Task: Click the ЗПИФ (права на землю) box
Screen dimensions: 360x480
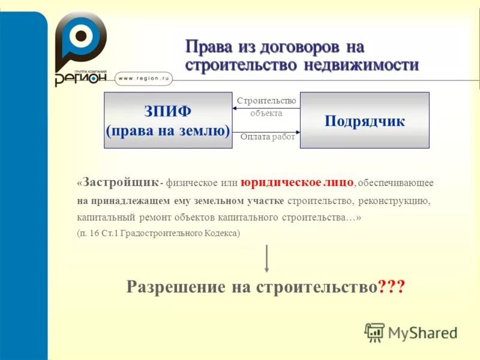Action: [168, 120]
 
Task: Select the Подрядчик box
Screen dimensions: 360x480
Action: [365, 120]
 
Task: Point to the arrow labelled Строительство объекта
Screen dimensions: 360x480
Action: [266, 109]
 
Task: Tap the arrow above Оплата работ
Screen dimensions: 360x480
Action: [266, 131]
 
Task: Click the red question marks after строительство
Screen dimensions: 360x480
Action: [392, 287]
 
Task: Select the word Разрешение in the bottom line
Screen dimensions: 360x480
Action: [176, 287]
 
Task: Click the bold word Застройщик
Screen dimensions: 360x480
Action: [121, 181]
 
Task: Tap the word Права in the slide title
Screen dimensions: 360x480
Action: [205, 46]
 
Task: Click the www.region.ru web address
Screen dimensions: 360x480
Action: [145, 77]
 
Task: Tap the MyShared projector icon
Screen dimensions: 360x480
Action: [374, 332]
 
